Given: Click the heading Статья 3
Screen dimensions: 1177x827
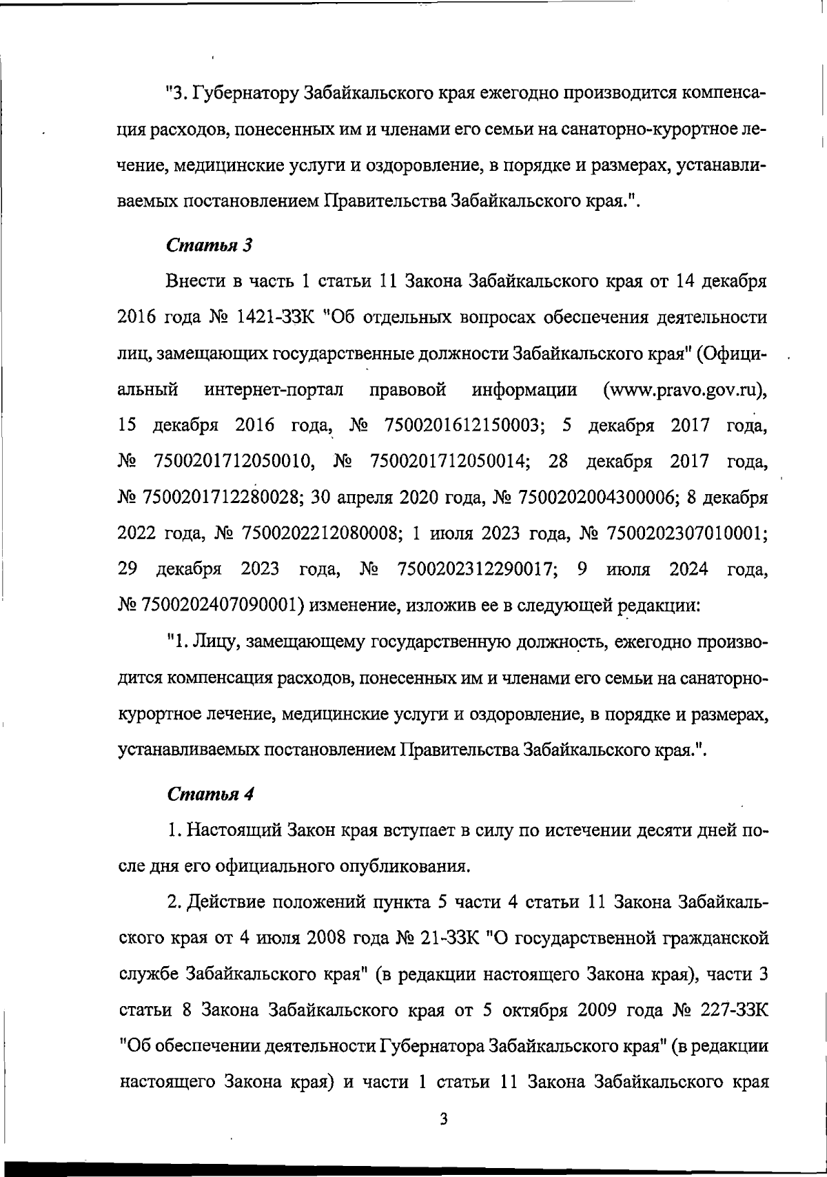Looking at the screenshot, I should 210,245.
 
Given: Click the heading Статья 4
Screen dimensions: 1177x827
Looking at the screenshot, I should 210,793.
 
